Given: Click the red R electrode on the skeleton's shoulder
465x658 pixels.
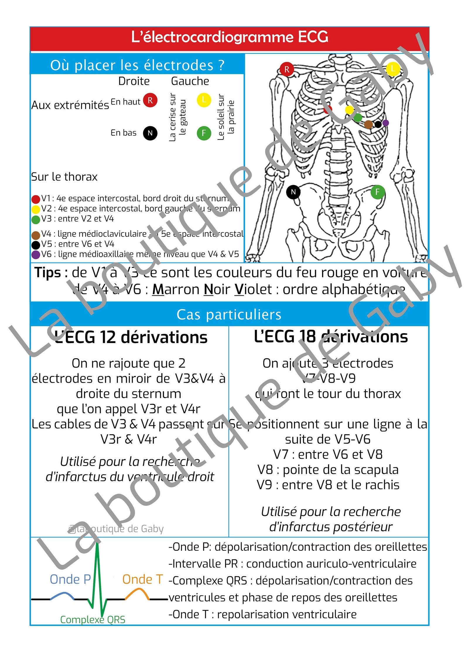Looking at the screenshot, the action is pyautogui.click(x=286, y=69).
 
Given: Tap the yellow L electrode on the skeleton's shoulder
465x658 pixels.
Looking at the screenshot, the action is pyautogui.click(x=393, y=69).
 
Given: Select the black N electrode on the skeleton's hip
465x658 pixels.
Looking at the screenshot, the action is pyautogui.click(x=293, y=192).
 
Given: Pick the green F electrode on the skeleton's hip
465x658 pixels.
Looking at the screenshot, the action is pyautogui.click(x=377, y=192).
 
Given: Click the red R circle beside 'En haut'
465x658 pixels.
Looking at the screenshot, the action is pyautogui.click(x=150, y=100).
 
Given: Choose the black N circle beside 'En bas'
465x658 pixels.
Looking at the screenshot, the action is pyautogui.click(x=150, y=133).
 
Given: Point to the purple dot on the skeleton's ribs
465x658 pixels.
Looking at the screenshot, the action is pyautogui.click(x=386, y=123).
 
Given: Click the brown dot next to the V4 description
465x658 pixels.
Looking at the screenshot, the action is pyautogui.click(x=35, y=235).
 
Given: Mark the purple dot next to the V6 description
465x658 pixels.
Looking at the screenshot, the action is pyautogui.click(x=35, y=255).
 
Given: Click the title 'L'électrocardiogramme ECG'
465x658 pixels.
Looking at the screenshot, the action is pyautogui.click(x=230, y=37).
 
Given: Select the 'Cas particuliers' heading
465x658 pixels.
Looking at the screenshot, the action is pyautogui.click(x=229, y=315).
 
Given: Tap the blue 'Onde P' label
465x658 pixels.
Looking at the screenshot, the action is pyautogui.click(x=70, y=579).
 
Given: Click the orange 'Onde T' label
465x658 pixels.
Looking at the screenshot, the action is pyautogui.click(x=143, y=579).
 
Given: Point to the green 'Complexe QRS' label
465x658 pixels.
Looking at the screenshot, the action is pyautogui.click(x=93, y=620).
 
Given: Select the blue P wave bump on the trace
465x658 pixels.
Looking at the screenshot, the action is pyautogui.click(x=62, y=594).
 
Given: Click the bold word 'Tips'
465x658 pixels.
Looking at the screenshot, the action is pyautogui.click(x=48, y=272).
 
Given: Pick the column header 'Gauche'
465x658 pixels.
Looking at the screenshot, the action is pyautogui.click(x=190, y=81).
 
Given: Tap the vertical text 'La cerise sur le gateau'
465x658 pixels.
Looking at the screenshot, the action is pyautogui.click(x=177, y=117).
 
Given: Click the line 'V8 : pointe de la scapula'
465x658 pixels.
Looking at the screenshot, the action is pyautogui.click(x=328, y=470).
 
